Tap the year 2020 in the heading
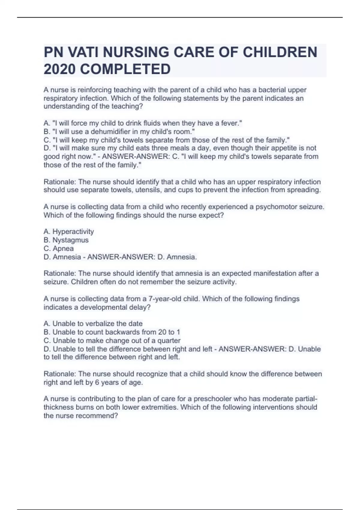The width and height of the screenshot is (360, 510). point(59,69)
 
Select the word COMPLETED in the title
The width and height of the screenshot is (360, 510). point(125,69)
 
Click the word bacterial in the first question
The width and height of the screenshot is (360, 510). point(272,90)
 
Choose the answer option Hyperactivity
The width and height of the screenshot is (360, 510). point(73,232)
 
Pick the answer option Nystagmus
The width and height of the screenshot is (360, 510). point(70,240)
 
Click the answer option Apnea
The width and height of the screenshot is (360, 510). point(63,248)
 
